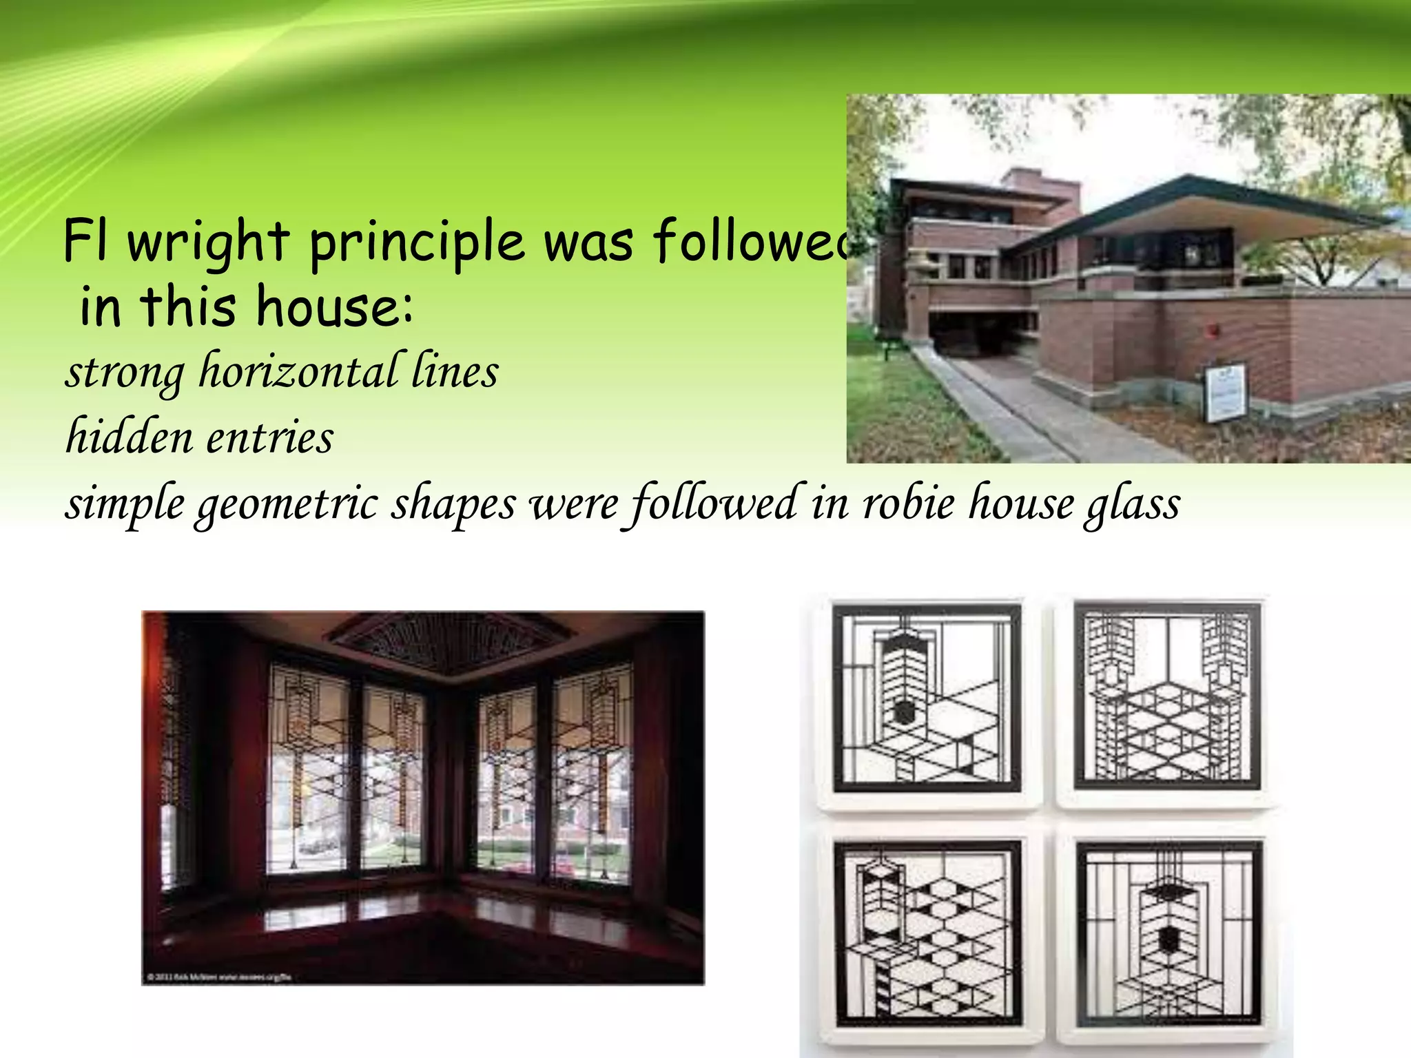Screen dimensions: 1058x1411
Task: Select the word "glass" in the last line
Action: coord(1133,504)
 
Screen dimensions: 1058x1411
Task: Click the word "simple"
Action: coord(125,504)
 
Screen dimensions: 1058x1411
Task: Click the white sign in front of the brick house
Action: coord(1224,393)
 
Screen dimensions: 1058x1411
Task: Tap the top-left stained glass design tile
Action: coord(927,698)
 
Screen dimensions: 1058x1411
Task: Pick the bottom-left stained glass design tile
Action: coord(927,933)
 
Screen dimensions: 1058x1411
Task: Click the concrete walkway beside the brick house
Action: coord(1033,413)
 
